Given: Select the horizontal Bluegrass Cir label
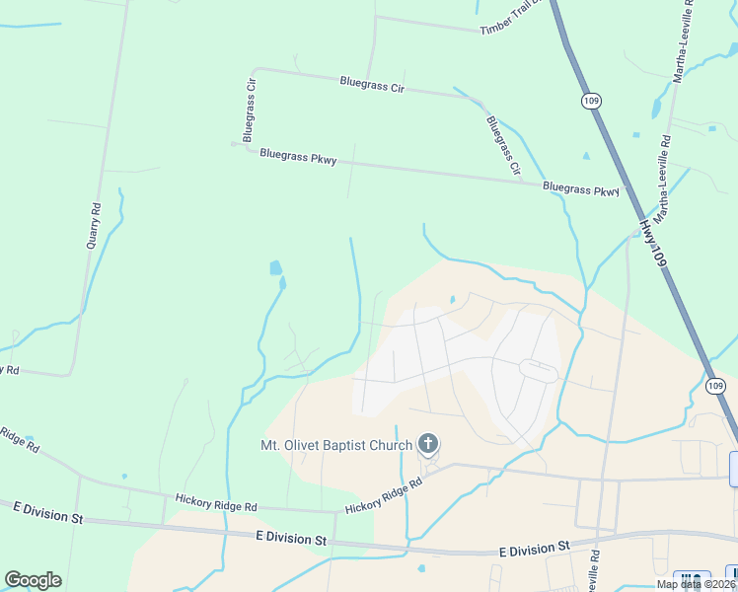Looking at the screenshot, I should pos(372,85).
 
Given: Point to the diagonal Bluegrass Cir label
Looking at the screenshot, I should pos(503,146).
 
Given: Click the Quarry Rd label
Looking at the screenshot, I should pos(95,225).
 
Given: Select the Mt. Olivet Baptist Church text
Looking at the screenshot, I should pos(335,445).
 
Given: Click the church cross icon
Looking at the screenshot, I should pos(428,444).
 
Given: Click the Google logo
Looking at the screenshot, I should pos(33,580).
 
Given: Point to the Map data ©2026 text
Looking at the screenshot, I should pos(697,584).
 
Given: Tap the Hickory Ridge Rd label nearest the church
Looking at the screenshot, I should pos(384,495).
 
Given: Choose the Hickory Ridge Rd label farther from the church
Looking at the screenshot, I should pos(214,501).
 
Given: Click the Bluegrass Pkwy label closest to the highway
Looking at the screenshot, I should pos(581,188).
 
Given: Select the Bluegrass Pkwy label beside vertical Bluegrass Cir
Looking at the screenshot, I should pos(298,156).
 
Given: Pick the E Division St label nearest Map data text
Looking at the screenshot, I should pos(535,547).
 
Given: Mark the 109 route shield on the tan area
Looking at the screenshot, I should pos(717,385).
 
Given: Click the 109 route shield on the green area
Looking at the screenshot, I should pos(591,102).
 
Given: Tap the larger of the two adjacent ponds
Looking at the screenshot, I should pos(275,267).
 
